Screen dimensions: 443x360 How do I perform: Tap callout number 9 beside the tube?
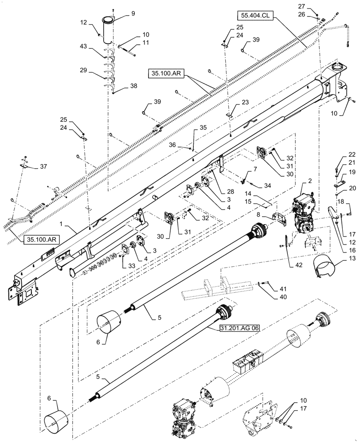(120, 14)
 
